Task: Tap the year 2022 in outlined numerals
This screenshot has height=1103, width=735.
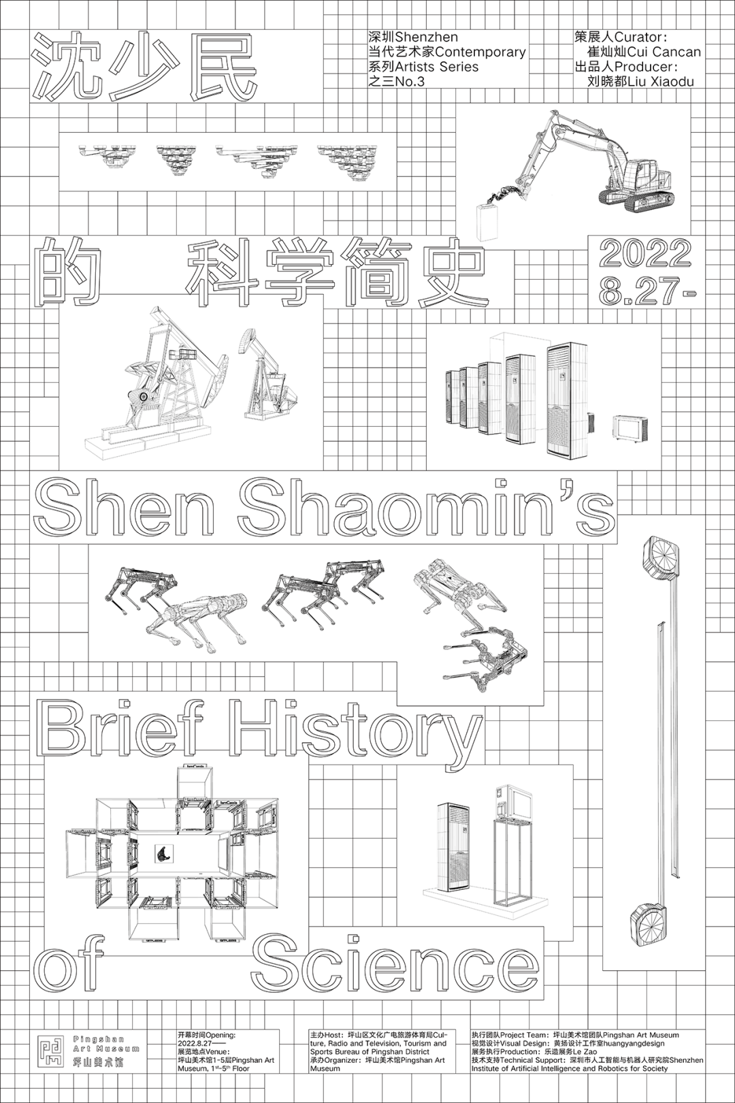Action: tap(645, 254)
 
